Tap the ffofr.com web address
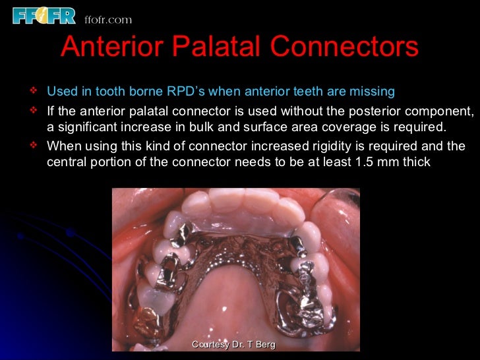107,20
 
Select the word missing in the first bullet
373,91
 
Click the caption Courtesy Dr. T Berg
233,345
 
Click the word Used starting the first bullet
61,91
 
